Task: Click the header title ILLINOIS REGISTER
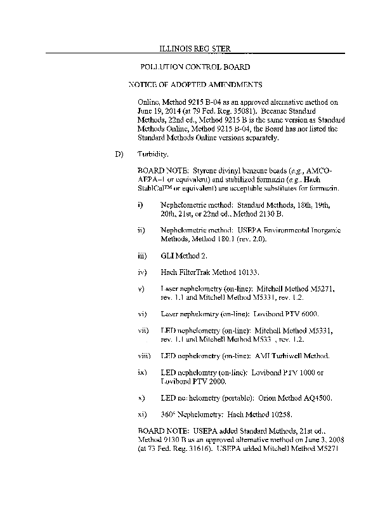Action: [194, 48]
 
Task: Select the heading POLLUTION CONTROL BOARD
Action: [195, 66]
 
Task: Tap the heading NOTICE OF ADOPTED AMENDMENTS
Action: [195, 84]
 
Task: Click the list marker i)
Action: [140, 206]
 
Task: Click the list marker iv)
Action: [142, 272]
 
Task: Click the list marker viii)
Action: [143, 356]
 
